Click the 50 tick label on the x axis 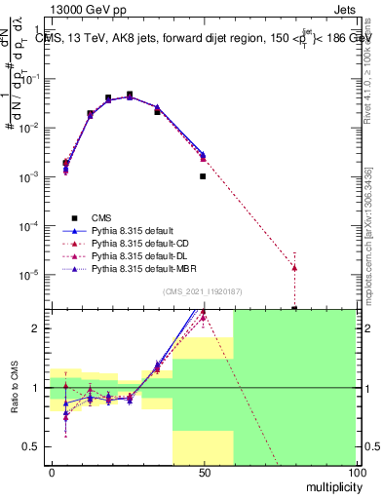[x=204, y=474]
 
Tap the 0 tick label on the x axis [x=52, y=474]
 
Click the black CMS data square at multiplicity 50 [x=203, y=176]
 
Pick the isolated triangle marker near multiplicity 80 [x=294, y=267]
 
